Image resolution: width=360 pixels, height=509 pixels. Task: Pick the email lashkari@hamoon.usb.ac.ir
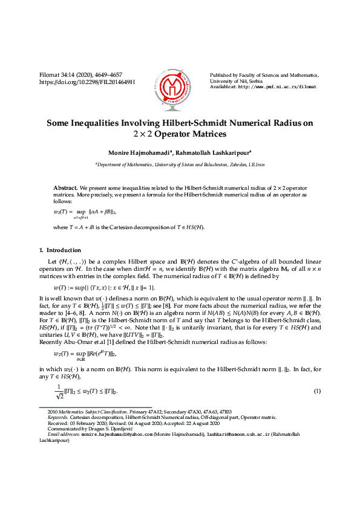tap(237, 435)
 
